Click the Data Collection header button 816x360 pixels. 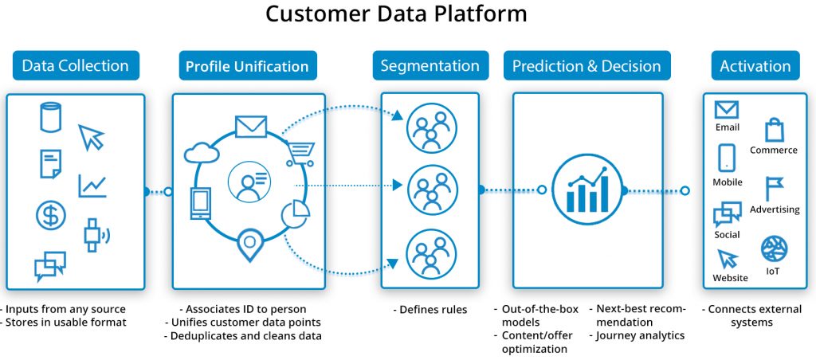pos(76,66)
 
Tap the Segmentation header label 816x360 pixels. pos(430,66)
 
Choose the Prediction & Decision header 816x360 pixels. pos(587,66)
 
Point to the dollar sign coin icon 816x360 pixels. pos(51,216)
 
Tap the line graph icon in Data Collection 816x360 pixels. pos(92,186)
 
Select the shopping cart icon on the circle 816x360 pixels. pos(300,151)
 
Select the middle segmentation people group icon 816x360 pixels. pos(431,190)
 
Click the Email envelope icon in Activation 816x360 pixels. pos(727,110)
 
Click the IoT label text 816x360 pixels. pos(773,272)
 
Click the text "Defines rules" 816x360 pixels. pos(431,309)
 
